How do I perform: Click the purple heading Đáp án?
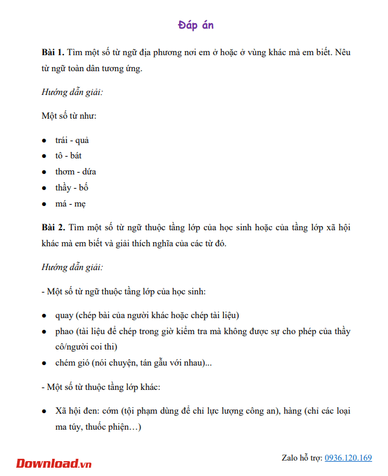[195, 25]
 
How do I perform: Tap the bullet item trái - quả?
[72, 141]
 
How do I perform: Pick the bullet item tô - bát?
[68, 156]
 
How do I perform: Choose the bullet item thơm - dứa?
[75, 172]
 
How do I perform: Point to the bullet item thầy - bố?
[72, 188]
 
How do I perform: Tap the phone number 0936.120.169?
[348, 458]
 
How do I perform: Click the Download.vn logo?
[54, 463]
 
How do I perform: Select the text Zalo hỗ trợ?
[302, 458]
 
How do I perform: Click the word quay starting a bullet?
[65, 316]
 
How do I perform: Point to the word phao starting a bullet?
[65, 331]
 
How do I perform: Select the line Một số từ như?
[69, 116]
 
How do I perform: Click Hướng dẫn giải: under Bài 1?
[72, 93]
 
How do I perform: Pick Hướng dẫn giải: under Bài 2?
[72, 268]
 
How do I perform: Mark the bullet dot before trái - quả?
[44, 141]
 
